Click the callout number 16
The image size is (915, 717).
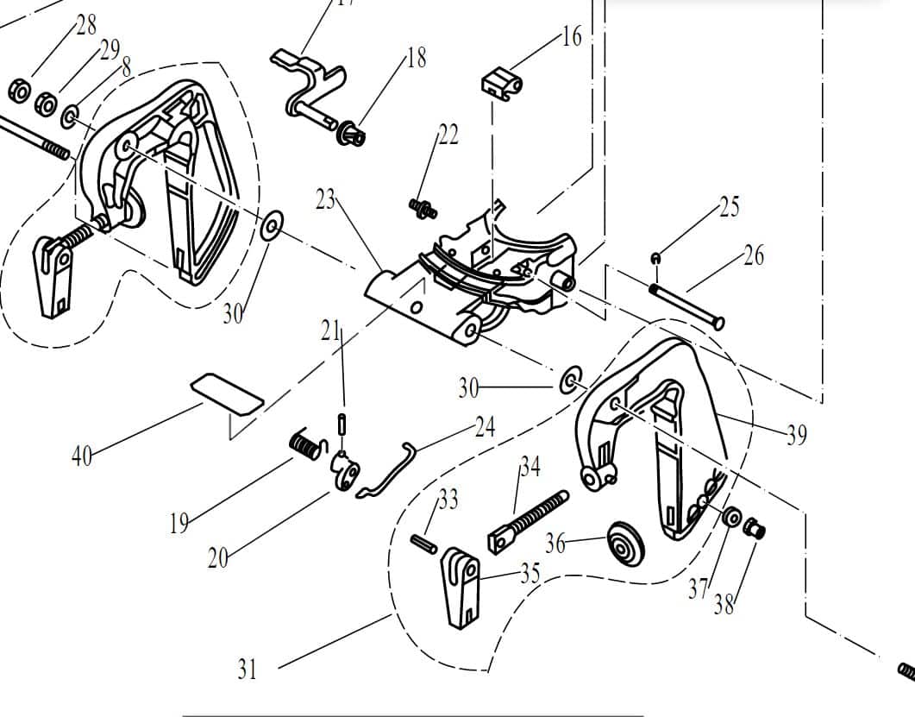point(572,37)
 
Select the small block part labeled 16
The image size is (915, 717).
point(500,85)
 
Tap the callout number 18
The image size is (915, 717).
point(417,59)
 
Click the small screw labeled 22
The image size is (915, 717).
point(422,207)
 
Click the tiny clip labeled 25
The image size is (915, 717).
point(656,257)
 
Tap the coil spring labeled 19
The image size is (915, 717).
point(306,445)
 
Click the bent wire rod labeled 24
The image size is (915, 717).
point(387,470)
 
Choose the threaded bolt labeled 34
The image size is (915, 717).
point(528,520)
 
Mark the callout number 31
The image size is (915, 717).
point(247,670)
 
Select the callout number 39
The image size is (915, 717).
point(796,435)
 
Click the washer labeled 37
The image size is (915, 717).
point(731,518)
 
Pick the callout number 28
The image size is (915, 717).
point(86,25)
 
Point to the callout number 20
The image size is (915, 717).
point(218,557)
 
